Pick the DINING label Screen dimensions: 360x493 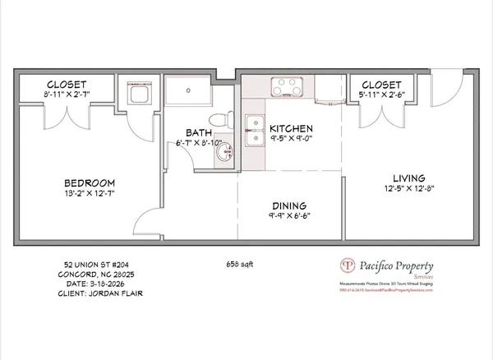pos(288,205)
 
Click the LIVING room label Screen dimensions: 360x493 pos(408,178)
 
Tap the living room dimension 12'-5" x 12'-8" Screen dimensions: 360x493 pos(408,190)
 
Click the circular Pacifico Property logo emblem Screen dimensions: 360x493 pos(348,266)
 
